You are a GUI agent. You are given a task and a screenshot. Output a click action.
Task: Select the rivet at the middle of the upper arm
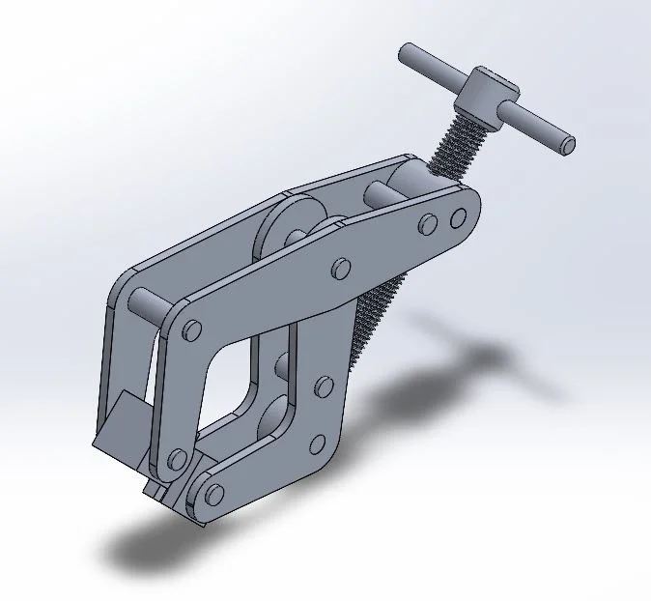pyautogui.click(x=340, y=266)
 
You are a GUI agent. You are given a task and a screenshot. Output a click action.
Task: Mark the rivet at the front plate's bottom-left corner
pyautogui.click(x=176, y=458)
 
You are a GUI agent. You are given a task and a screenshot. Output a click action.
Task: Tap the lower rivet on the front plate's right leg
pyautogui.click(x=316, y=445)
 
